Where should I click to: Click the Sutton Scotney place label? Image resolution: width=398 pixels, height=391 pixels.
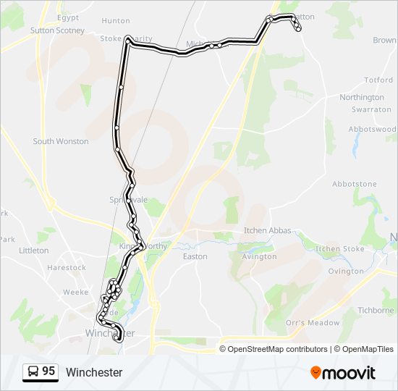click(x=57, y=30)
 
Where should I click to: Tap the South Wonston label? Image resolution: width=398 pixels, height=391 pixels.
click(x=61, y=141)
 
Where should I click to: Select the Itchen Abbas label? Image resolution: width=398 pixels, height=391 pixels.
click(x=268, y=230)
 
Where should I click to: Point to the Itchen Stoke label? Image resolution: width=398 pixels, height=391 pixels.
click(x=340, y=248)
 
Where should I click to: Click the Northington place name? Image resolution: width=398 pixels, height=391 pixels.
click(x=362, y=97)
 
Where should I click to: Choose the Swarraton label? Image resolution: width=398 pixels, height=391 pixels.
click(x=371, y=109)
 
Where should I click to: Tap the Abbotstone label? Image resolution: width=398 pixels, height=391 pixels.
click(x=355, y=184)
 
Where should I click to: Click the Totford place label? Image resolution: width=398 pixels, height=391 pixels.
click(x=378, y=80)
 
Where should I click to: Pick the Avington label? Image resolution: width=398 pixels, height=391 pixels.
click(x=259, y=256)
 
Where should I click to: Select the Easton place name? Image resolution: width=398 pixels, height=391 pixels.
click(x=195, y=256)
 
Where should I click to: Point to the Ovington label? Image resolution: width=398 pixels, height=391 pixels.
click(x=346, y=271)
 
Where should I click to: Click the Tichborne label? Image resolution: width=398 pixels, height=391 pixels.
click(x=376, y=310)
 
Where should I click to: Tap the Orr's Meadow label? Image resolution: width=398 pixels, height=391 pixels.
click(x=313, y=322)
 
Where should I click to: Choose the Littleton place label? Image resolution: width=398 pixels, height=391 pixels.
click(x=34, y=250)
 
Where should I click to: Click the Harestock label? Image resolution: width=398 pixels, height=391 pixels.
click(x=67, y=267)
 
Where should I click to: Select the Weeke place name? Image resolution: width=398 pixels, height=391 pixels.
click(x=76, y=292)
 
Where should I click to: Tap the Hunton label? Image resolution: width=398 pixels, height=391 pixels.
click(x=116, y=22)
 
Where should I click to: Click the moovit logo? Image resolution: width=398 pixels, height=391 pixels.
click(x=343, y=373)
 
